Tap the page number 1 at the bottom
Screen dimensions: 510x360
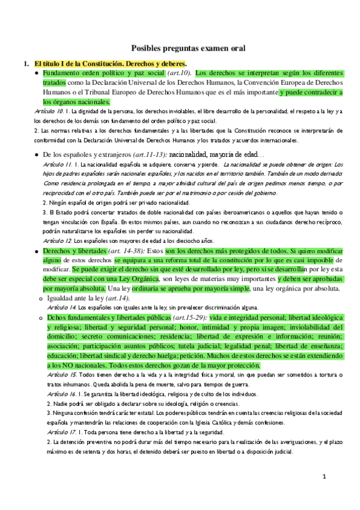click(x=323, y=478)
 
